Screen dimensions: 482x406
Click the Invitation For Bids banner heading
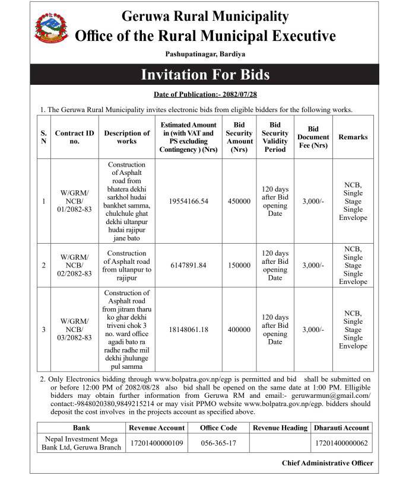pos(205,75)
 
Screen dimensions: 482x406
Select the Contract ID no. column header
pos(75,137)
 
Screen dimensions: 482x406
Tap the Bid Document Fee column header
pos(313,137)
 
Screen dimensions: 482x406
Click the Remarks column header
pos(353,137)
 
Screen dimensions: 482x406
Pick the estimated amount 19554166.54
pos(188,201)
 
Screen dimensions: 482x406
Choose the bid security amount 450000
pos(239,201)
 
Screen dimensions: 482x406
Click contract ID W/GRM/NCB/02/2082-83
pos(75,265)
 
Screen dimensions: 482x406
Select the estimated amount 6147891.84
pos(188,265)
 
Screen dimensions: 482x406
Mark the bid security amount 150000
pos(239,265)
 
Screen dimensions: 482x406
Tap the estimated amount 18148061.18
pos(188,330)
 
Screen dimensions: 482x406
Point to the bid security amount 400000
pos(239,330)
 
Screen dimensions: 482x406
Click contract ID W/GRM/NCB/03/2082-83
pos(75,330)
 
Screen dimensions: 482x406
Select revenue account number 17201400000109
pos(157,442)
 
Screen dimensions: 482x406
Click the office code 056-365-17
pos(218,442)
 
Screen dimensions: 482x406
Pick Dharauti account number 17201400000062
pos(341,442)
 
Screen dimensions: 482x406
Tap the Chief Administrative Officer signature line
pos(328,463)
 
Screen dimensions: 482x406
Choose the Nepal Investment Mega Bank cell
pos(82,442)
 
